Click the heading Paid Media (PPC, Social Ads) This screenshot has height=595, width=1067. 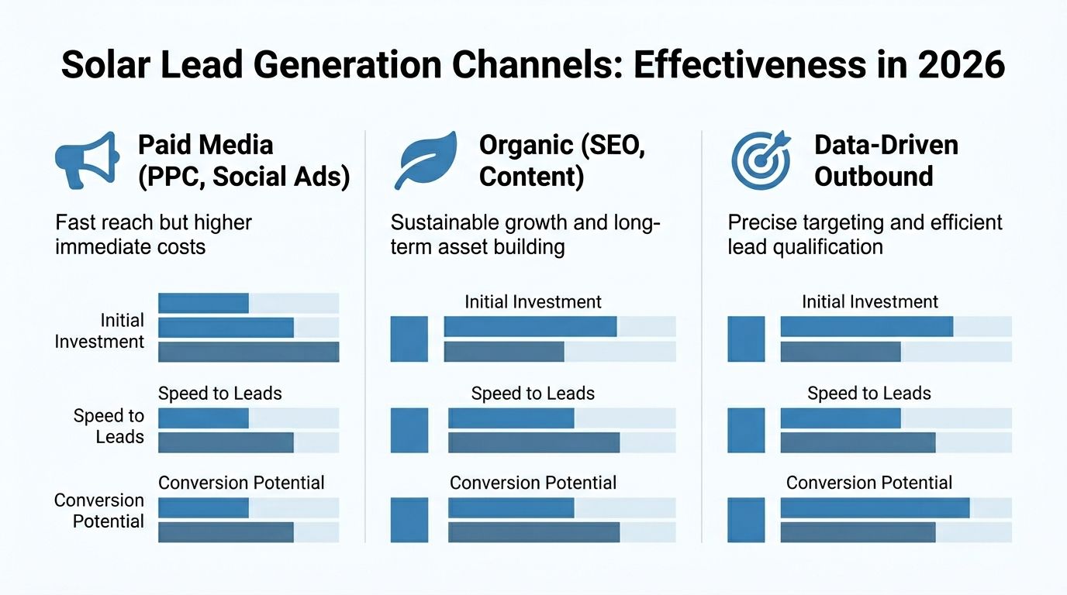coord(243,161)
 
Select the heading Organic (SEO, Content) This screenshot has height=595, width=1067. coord(561,161)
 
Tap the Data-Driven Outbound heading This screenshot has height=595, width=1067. coord(886,161)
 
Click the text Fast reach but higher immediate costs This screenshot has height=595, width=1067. coord(154,235)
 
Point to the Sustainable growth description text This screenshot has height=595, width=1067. coord(525,235)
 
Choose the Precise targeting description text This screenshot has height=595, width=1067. coord(865,235)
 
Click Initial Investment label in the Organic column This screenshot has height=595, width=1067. coord(533,302)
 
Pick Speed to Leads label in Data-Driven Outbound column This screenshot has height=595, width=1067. coord(868,394)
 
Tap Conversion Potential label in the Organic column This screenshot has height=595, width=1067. coord(533,483)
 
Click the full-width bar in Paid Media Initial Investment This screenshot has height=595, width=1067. coord(248,352)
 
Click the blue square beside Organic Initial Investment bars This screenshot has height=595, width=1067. coord(409,339)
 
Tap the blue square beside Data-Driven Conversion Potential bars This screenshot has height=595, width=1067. coord(746,520)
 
